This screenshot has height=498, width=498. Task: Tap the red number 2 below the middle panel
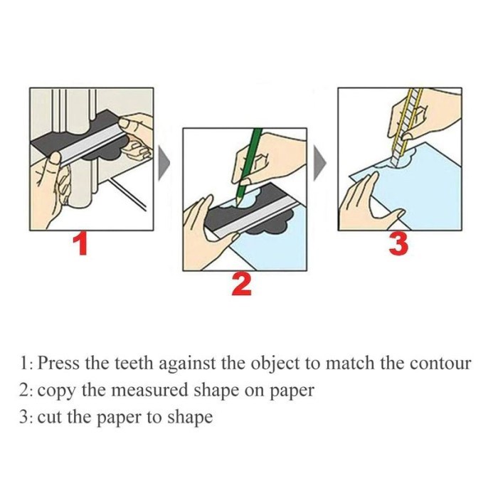click(x=242, y=285)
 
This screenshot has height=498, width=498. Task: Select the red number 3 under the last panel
click(x=398, y=244)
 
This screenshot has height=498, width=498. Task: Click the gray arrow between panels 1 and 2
click(x=164, y=163)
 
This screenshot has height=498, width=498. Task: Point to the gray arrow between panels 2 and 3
click(x=320, y=163)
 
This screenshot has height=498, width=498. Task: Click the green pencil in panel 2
click(x=249, y=165)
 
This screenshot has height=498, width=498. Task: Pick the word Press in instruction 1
click(x=58, y=363)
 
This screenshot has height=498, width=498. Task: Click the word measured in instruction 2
click(x=151, y=391)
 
